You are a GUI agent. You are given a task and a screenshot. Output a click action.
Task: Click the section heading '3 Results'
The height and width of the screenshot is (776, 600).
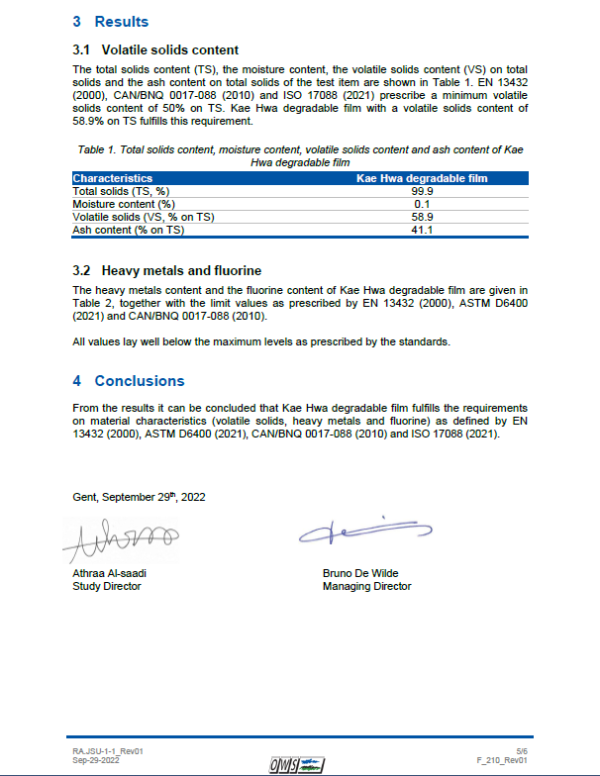pyautogui.click(x=110, y=22)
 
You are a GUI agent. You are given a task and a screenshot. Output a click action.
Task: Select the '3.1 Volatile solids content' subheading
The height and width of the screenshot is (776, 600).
pyautogui.click(x=155, y=49)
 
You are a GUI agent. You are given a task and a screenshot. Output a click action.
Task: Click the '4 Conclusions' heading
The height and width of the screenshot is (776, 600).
pyautogui.click(x=129, y=381)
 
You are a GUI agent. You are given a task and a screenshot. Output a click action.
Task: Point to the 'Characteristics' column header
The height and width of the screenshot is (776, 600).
pyautogui.click(x=113, y=179)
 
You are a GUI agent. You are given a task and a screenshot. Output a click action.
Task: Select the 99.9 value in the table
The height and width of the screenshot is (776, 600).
pyautogui.click(x=424, y=191)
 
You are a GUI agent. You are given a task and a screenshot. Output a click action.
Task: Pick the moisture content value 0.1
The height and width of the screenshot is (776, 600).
pyautogui.click(x=424, y=204)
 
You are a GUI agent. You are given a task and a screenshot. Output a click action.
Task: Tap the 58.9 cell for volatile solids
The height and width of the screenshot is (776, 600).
pyautogui.click(x=424, y=217)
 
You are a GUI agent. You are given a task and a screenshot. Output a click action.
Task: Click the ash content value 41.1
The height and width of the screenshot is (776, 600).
pyautogui.click(x=424, y=230)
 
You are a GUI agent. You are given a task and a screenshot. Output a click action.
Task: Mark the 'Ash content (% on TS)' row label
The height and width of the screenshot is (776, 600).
pyautogui.click(x=129, y=230)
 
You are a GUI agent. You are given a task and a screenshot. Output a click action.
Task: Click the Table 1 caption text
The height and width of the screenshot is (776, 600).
pyautogui.click(x=300, y=155)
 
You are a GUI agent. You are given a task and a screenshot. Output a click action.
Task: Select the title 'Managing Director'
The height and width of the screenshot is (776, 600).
pyautogui.click(x=366, y=586)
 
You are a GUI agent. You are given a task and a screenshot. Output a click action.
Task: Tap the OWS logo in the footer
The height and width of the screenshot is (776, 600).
pyautogui.click(x=298, y=763)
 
